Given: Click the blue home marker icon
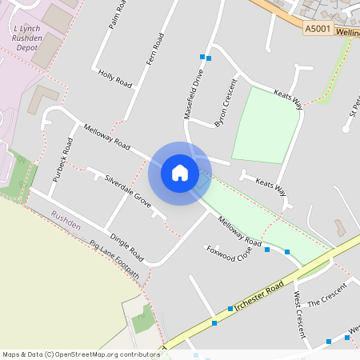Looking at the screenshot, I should pos(180,173).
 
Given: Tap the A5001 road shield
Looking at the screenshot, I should pos(316,28).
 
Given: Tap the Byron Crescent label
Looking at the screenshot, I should pos(225,104).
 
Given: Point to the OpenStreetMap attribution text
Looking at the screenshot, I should pos(81,354).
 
